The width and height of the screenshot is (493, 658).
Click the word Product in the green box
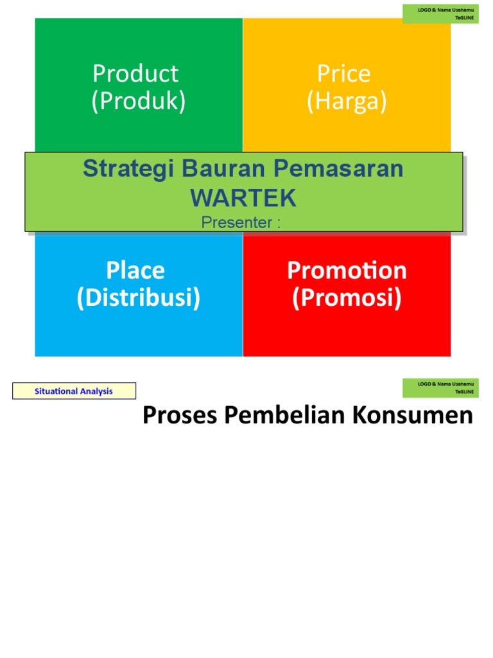tap(135, 74)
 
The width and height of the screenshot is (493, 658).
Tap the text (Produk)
tap(138, 102)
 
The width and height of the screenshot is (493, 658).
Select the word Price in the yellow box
tap(343, 74)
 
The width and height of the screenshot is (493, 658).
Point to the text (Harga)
tap(347, 102)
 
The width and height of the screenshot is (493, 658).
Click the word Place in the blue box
tap(135, 271)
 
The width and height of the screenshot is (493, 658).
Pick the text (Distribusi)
tap(138, 298)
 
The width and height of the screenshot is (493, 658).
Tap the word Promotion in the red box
tap(347, 271)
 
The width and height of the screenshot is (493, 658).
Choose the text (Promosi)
tap(347, 298)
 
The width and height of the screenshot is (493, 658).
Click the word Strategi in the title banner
tap(128, 169)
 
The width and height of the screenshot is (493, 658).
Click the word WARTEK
tap(243, 199)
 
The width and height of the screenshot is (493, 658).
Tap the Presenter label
tap(241, 222)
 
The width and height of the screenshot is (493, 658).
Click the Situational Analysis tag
tap(74, 391)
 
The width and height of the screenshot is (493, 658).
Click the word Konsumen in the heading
tap(411, 416)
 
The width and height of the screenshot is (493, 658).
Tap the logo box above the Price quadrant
tap(440, 13)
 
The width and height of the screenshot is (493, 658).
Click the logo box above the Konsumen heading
tap(440, 387)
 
